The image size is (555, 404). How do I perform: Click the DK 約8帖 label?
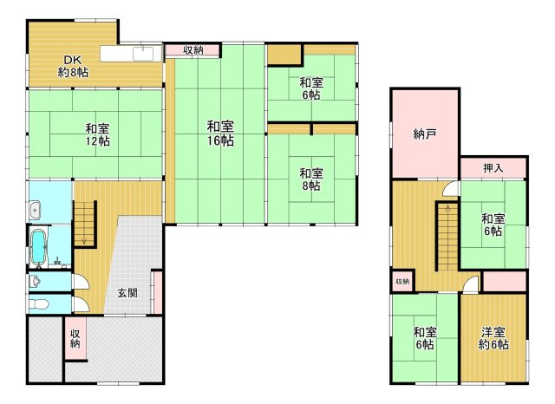[x=73, y=66]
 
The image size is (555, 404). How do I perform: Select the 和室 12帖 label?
[x=96, y=133]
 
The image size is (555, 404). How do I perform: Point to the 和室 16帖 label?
[x=219, y=132]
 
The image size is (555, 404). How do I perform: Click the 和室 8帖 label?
[x=310, y=179]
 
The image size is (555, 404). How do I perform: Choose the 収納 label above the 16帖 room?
[x=193, y=50]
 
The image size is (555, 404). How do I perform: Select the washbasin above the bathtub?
[x=35, y=210]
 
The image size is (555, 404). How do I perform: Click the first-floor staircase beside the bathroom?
[x=84, y=220]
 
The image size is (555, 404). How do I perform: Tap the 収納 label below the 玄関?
[x=75, y=339]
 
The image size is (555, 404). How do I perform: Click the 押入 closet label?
[x=493, y=167]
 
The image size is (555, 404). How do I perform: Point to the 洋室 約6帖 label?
[x=494, y=338]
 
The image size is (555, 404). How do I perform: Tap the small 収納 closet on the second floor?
[x=402, y=282]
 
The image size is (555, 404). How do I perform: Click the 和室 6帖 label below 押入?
[x=493, y=225]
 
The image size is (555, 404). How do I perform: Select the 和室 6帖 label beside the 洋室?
[x=424, y=338]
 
